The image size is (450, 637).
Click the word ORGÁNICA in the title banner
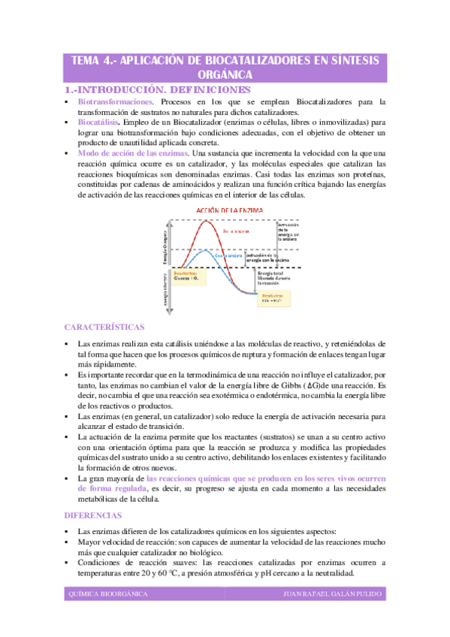coord(225,75)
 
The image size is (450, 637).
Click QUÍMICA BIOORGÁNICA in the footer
coord(107,593)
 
